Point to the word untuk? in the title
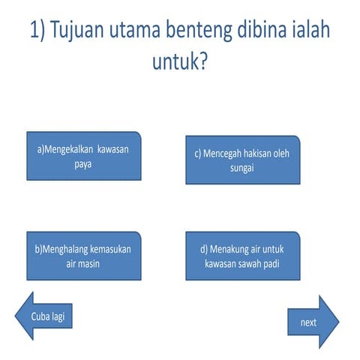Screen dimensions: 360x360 coord(180,64)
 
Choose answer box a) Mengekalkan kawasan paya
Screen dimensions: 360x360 coord(83,156)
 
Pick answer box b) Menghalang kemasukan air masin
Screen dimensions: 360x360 coord(83,256)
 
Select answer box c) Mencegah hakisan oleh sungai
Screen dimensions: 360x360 coord(242,160)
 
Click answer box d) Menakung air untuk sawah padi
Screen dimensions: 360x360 coord(242,256)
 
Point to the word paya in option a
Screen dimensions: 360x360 coord(83,163)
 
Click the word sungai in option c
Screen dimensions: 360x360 coord(242,167)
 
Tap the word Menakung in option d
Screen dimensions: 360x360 coord(230,249)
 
